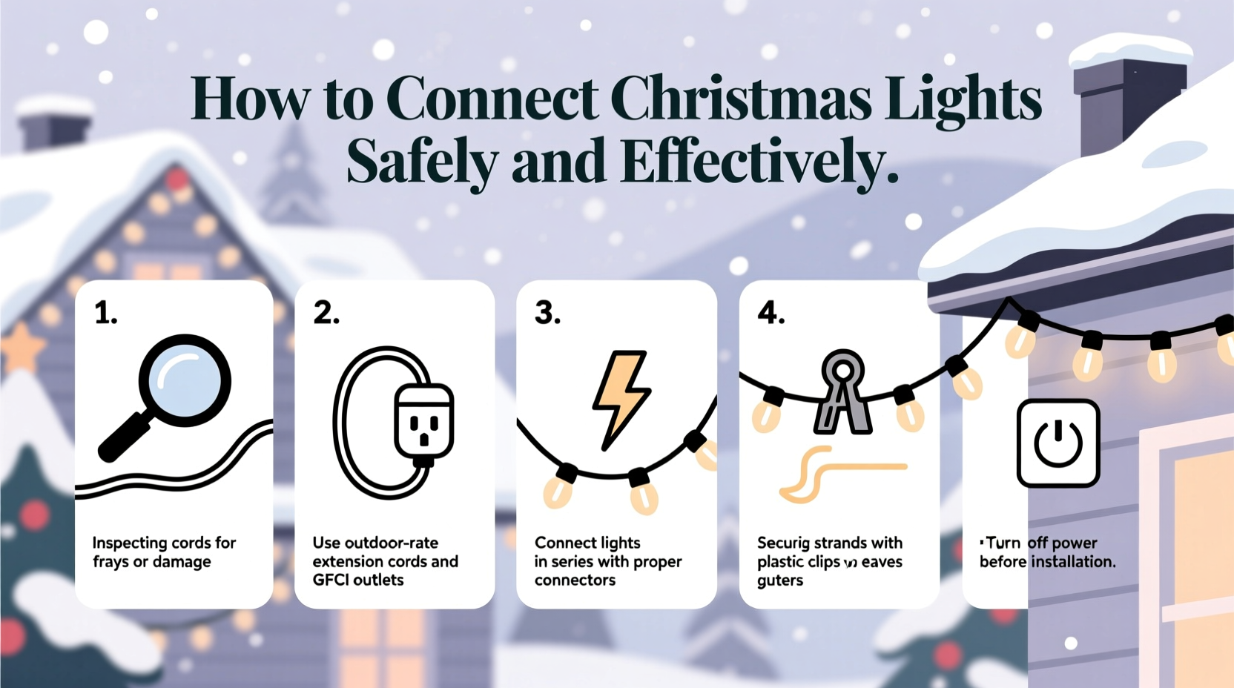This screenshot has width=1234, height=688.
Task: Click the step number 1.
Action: point(105,313)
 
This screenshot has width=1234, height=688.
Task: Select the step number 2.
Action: point(326,313)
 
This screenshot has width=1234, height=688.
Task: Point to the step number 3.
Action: point(547,313)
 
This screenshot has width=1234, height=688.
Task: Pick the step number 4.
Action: point(771,313)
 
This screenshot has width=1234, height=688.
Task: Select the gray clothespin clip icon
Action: point(842,392)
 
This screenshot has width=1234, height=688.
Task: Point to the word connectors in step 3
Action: point(575,580)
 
